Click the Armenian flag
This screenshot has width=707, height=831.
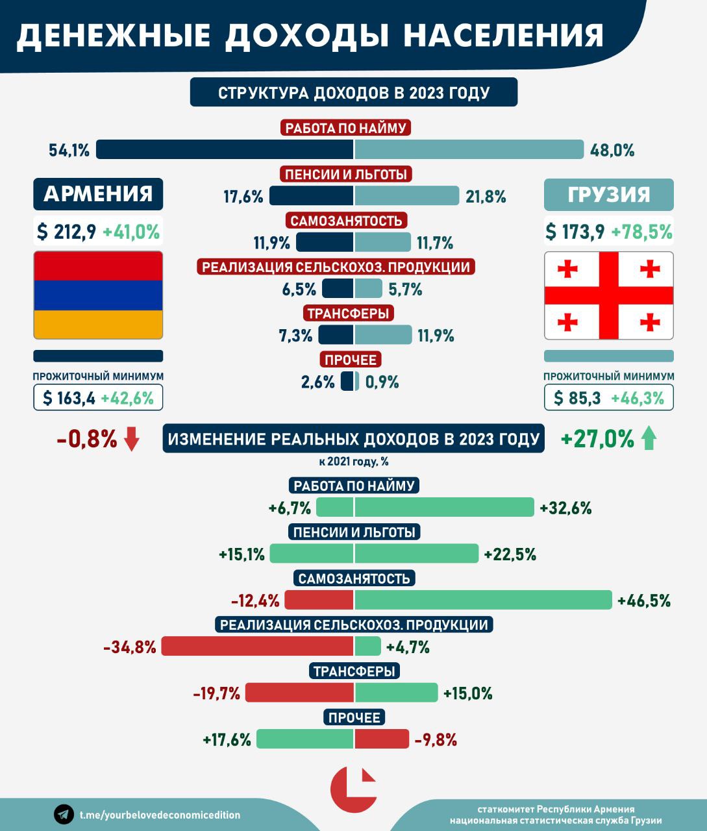click(98, 295)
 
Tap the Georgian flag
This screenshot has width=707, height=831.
click(608, 295)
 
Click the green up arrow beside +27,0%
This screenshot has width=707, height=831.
click(649, 440)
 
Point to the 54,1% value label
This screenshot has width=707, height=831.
click(69, 151)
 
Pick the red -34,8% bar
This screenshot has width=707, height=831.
click(258, 647)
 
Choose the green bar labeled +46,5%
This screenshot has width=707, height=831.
click(483, 600)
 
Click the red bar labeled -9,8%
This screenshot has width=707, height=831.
click(382, 739)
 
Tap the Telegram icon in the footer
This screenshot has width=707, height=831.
click(64, 814)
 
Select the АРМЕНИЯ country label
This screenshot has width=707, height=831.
click(98, 194)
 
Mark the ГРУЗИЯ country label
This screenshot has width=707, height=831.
click(608, 194)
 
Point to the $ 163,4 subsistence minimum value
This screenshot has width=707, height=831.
click(68, 398)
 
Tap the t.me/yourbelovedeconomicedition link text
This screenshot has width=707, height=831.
click(160, 815)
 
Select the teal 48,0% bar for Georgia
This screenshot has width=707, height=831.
click(469, 150)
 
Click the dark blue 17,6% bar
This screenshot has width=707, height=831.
click(311, 196)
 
